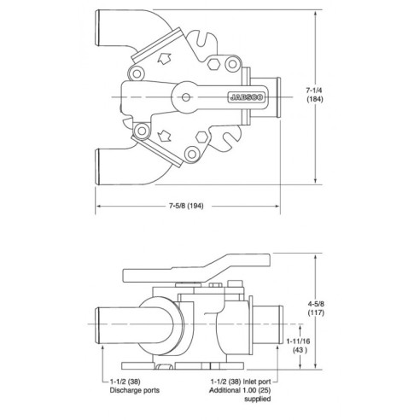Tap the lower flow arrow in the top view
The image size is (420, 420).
[x=162, y=134]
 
